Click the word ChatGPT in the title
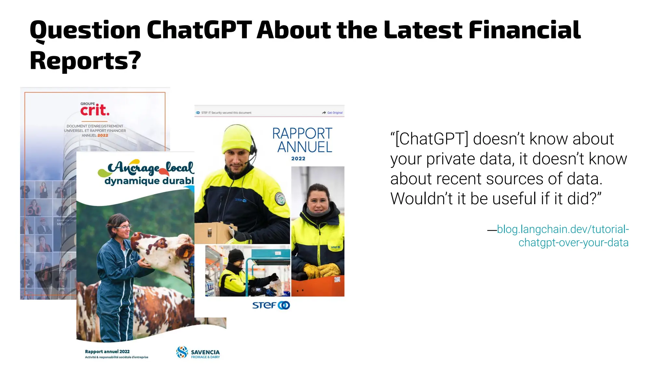199,30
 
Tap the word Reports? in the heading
85,61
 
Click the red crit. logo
95,110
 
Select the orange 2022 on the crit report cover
103,135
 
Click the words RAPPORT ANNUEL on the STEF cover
302,140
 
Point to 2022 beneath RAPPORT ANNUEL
298,159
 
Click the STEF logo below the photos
271,305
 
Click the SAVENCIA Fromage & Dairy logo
198,353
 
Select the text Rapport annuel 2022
107,352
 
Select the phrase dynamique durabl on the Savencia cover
149,181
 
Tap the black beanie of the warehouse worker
235,256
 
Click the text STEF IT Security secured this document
226,113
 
